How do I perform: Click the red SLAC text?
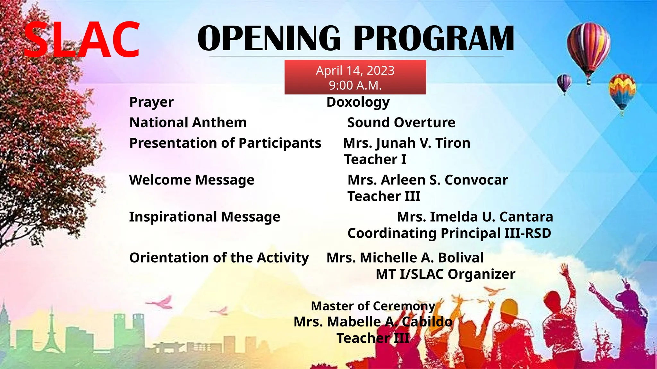tap(82, 40)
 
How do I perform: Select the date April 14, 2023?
tap(355, 70)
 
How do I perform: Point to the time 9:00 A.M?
tap(355, 85)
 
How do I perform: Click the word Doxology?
tap(358, 102)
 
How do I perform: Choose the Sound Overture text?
tap(401, 122)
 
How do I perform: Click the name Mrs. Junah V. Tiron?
tap(406, 143)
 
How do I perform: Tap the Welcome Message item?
tap(192, 180)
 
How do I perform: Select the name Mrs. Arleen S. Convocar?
tap(428, 180)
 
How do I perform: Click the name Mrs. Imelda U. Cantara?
tap(475, 217)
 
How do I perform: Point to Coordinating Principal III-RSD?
tap(449, 233)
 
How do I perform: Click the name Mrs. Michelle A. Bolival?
tap(405, 258)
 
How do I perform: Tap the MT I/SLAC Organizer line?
tap(445, 274)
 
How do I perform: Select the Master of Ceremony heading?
tap(373, 306)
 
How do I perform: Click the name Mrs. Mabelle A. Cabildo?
tap(373, 322)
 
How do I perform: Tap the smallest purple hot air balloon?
tap(564, 83)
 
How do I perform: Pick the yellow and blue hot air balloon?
tap(622, 91)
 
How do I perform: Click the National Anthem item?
tap(188, 122)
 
